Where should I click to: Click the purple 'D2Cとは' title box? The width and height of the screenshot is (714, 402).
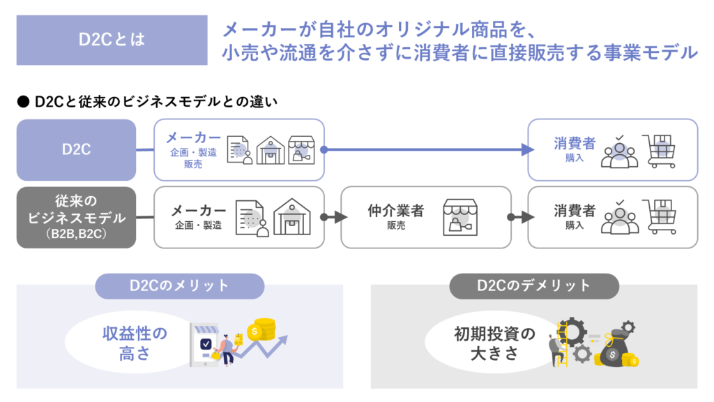click(x=112, y=40)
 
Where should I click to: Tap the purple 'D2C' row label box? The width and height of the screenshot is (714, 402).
click(x=76, y=149)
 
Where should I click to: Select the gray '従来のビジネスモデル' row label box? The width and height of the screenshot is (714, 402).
click(x=76, y=217)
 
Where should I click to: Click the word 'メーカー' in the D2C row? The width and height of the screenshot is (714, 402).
click(x=193, y=137)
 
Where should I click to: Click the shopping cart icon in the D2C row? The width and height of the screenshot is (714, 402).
click(x=660, y=151)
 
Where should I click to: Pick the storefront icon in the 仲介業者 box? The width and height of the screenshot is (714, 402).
click(x=460, y=217)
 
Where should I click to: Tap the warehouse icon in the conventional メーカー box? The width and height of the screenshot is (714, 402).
click(x=292, y=217)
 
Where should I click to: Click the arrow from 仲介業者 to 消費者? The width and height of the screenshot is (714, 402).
click(x=519, y=217)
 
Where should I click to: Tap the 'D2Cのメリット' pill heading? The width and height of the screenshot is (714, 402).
click(x=179, y=285)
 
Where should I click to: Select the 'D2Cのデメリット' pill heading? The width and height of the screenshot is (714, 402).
click(x=534, y=285)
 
